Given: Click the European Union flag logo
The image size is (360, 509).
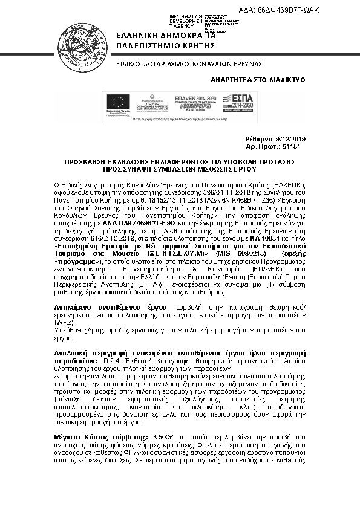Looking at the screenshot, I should coord(113,103).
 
